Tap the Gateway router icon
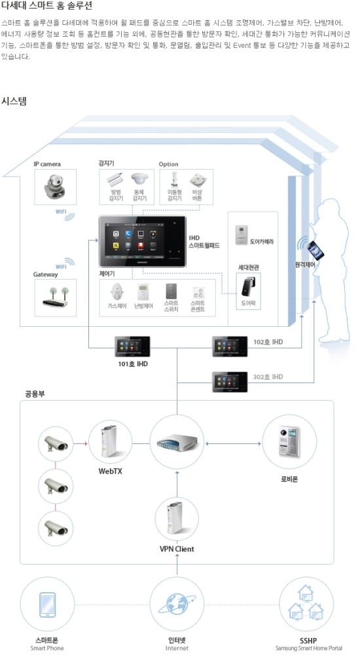[55, 297]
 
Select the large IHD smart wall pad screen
[142, 242]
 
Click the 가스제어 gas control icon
[117, 292]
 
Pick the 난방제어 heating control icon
[143, 292]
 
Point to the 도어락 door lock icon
[248, 288]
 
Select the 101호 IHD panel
[133, 346]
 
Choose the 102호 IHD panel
[230, 345]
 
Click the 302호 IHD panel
[230, 381]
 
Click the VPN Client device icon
[176, 520]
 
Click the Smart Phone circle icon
[46, 603]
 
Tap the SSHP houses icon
[307, 603]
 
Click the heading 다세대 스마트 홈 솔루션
[46, 6]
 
